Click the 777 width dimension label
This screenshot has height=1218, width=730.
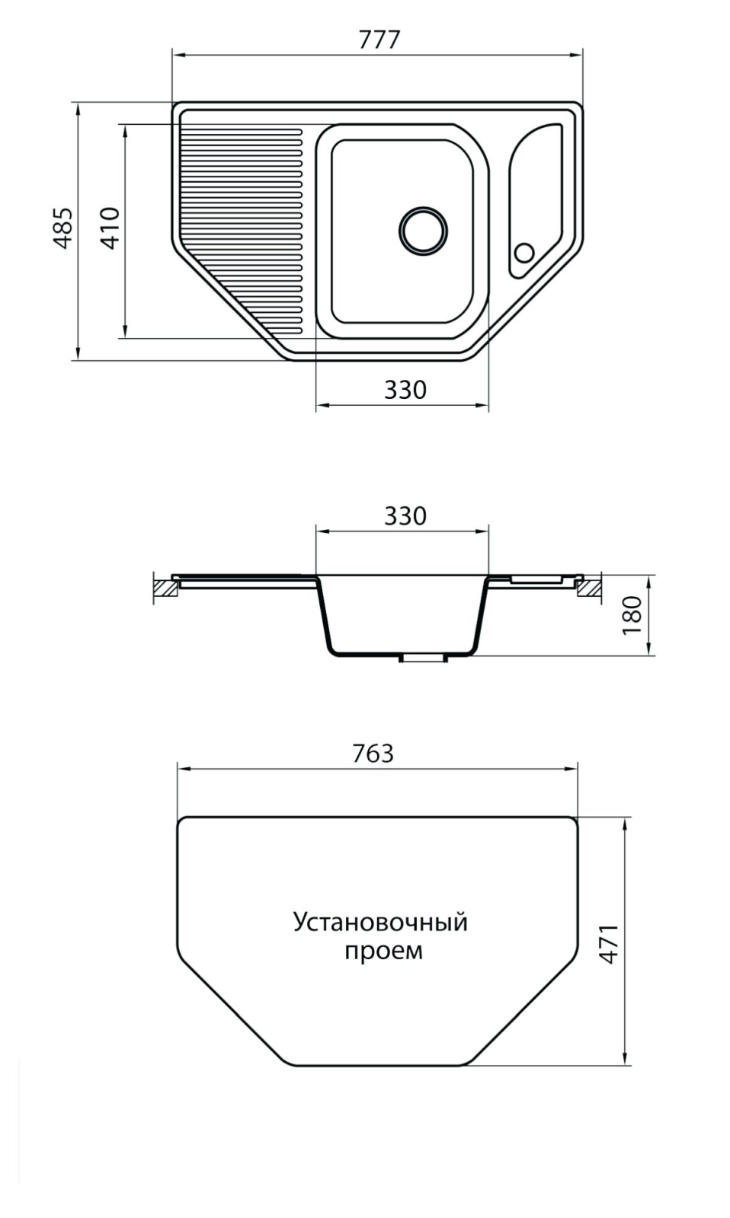[x=379, y=40]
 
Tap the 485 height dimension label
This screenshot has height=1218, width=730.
[x=64, y=228]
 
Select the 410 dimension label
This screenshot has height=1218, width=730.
[x=111, y=228]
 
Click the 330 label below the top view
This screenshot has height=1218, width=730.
[x=405, y=390]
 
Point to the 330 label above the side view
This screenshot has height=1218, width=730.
[x=405, y=516]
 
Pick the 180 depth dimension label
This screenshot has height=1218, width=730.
[x=632, y=615]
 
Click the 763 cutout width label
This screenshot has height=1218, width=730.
[x=373, y=753]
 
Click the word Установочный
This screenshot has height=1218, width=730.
[x=380, y=923]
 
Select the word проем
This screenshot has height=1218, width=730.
[x=384, y=951]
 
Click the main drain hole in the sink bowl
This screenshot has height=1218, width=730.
[x=423, y=231]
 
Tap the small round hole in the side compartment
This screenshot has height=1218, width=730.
[x=524, y=253]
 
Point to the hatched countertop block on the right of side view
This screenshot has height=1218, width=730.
[x=589, y=588]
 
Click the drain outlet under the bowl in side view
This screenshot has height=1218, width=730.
[x=423, y=658]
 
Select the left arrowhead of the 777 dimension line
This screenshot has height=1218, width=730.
[x=180, y=55]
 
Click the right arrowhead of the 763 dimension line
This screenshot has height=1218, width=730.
[x=571, y=769]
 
